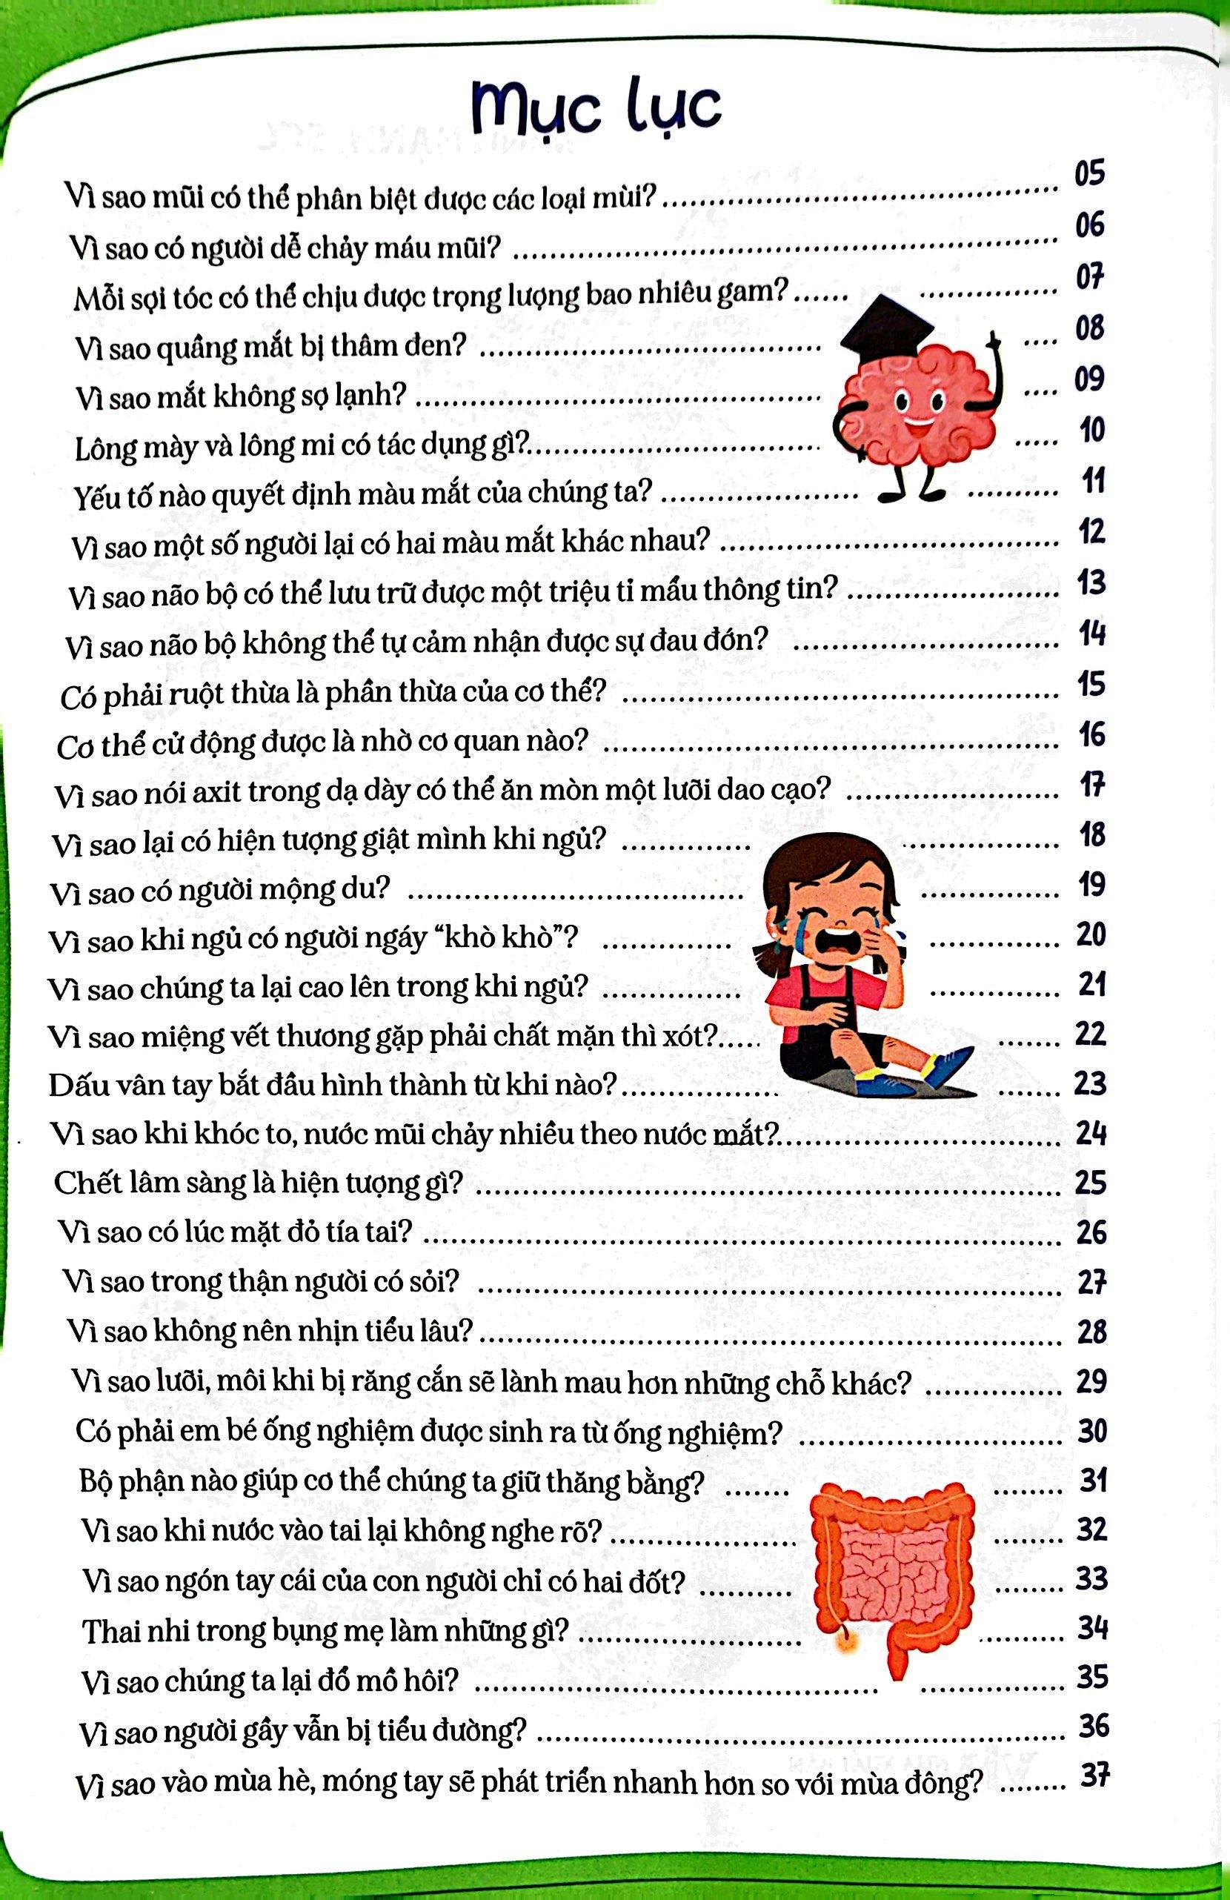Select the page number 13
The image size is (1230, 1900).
[1091, 582]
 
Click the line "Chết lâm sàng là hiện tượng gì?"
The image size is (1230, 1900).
[258, 1182]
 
